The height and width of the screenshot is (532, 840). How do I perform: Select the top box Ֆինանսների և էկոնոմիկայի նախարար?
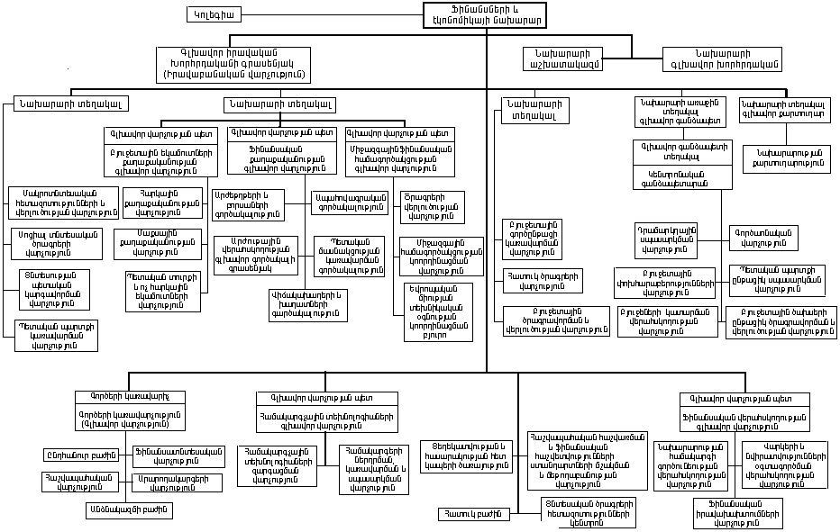pos(485,14)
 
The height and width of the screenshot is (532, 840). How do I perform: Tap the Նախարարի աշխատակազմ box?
pos(562,59)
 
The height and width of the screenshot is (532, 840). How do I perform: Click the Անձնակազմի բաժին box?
pos(128,509)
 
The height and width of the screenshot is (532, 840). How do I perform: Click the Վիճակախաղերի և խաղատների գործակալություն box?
pos(307,304)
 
